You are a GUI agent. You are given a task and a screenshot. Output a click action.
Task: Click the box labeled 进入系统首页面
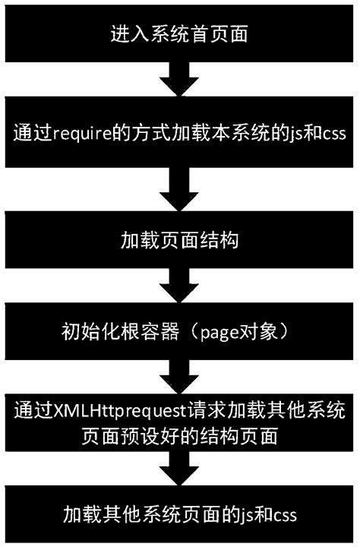pyautogui.click(x=179, y=34)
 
